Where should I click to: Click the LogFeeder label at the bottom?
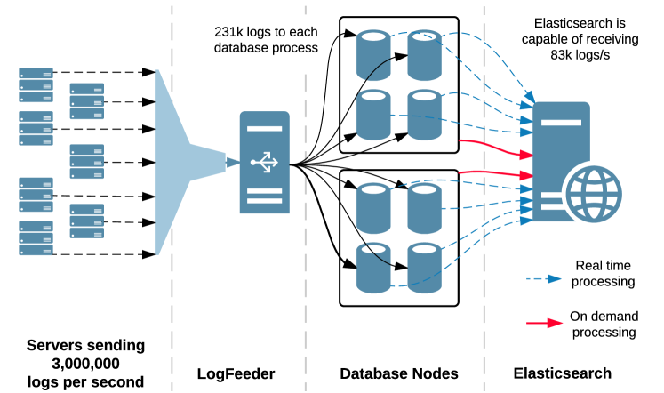(236, 374)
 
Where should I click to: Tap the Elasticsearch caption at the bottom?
(562, 374)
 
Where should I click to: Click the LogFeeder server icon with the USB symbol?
(264, 162)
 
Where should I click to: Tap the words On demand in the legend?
(604, 316)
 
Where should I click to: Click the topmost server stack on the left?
(36, 84)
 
